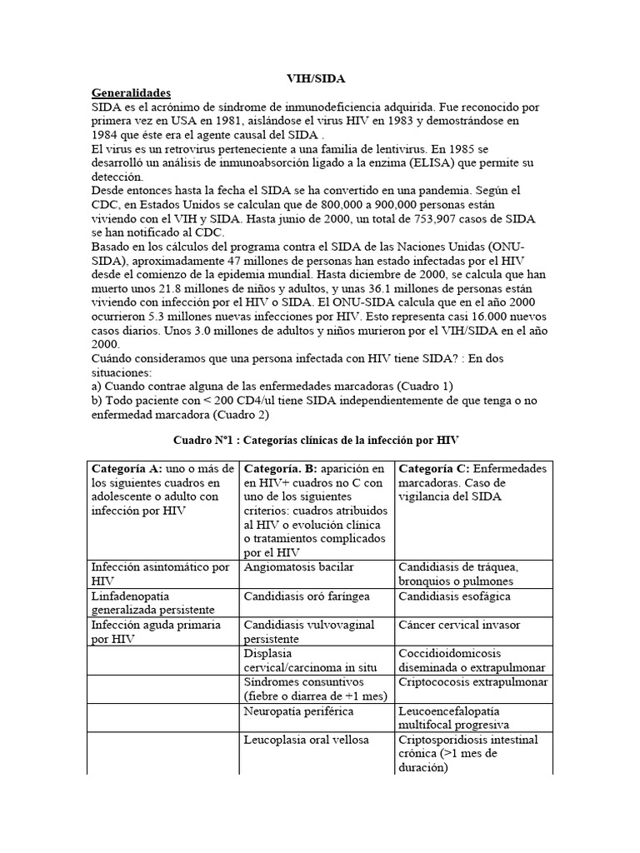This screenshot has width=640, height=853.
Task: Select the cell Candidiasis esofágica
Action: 454,596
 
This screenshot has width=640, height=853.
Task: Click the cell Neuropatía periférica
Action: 298,711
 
